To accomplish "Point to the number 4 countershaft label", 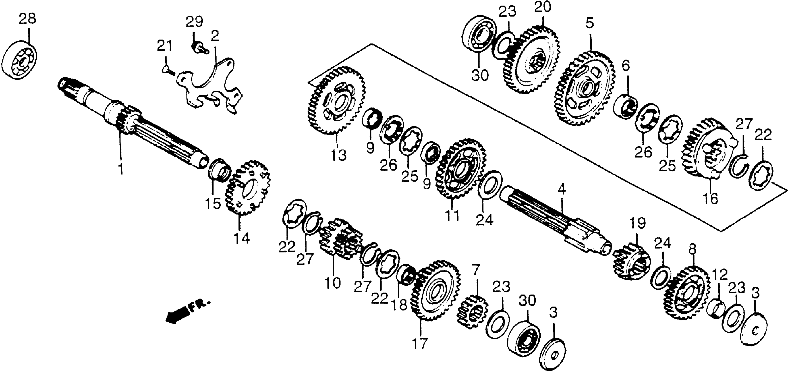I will (x=562, y=191).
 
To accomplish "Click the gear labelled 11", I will (x=460, y=169).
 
